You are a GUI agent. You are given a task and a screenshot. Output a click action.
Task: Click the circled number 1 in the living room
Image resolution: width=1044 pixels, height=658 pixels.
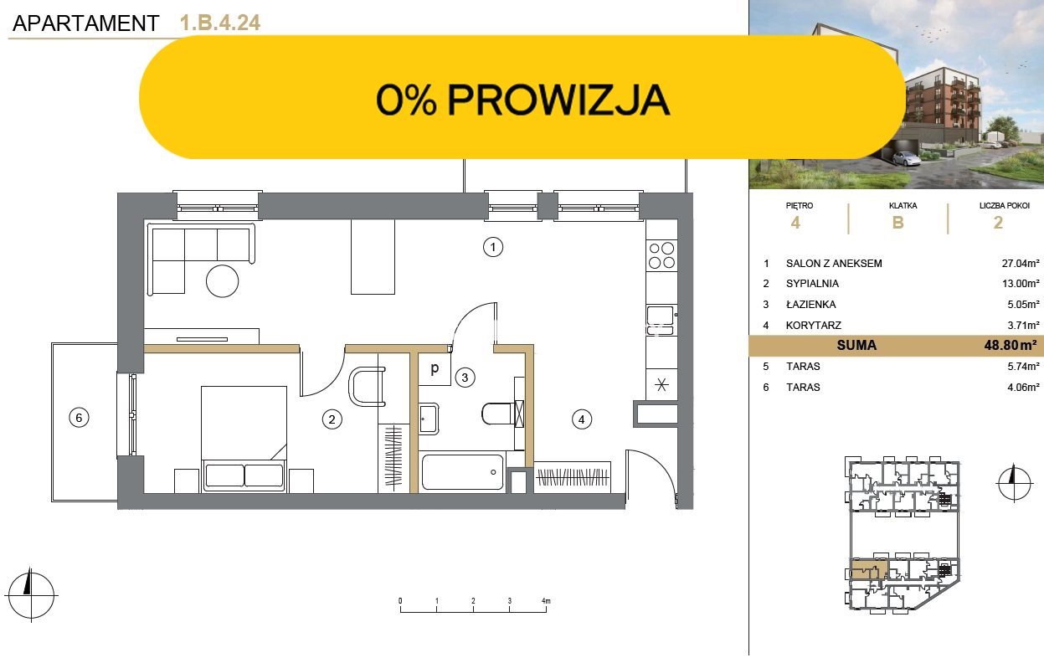point(492,247)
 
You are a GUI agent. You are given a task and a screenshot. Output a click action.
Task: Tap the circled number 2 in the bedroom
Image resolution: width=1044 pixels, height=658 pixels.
point(332,419)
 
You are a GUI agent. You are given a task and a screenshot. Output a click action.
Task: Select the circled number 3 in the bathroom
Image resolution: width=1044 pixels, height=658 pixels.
point(465,378)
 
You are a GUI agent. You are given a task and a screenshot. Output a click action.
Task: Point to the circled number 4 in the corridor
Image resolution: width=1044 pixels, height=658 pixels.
point(582,419)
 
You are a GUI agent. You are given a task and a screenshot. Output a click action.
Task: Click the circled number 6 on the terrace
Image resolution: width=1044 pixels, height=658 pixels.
point(79,418)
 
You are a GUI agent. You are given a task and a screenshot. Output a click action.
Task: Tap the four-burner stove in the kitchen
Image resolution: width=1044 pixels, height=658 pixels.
point(662,255)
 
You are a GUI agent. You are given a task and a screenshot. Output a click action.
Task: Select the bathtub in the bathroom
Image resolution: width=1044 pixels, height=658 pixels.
point(462,472)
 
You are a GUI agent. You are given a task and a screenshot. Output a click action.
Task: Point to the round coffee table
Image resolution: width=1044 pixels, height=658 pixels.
point(223,281)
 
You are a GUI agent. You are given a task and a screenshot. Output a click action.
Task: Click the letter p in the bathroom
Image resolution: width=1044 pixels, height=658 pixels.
point(435,368)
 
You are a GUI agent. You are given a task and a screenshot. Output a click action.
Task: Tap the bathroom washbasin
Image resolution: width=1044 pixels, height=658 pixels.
point(429,419)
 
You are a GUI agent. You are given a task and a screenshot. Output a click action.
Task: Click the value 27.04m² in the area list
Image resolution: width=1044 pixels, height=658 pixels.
point(1021,264)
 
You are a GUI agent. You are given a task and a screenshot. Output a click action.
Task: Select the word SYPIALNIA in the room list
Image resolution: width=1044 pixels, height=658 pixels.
point(812,283)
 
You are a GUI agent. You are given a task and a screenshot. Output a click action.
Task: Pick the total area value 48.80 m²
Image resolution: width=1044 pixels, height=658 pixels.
point(1011,345)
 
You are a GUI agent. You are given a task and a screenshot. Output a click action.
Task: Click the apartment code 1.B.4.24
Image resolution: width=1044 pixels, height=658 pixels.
point(220,23)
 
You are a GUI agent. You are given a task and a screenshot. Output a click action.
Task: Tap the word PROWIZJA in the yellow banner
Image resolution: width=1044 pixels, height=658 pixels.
point(558,100)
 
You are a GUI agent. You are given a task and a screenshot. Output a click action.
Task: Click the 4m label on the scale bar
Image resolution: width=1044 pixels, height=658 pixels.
point(546,601)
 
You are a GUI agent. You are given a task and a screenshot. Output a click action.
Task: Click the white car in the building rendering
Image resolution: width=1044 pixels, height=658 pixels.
point(905,159)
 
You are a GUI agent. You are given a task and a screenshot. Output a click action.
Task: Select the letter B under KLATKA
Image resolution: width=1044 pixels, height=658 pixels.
point(897,223)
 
